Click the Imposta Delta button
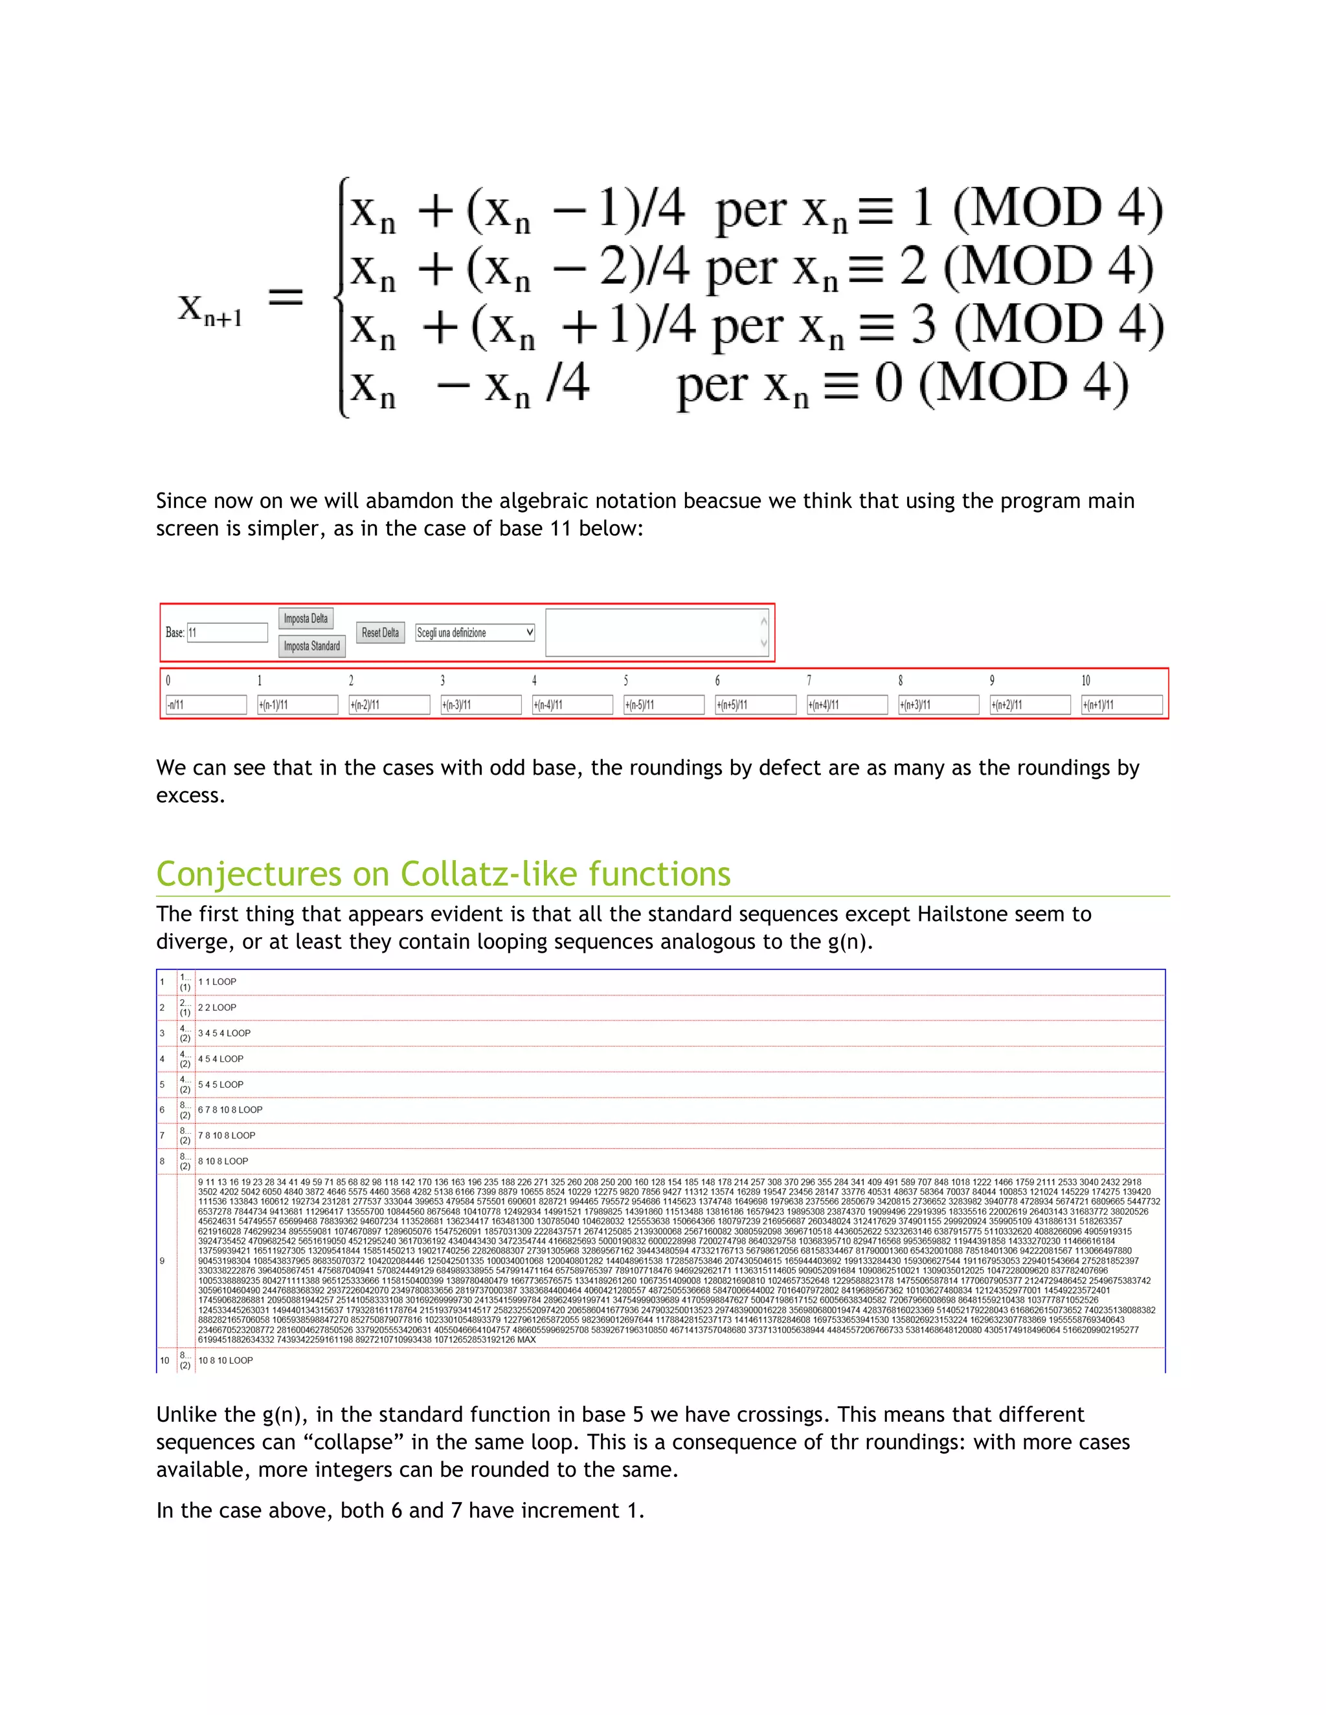point(306,619)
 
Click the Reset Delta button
point(380,633)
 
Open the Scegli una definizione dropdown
point(475,633)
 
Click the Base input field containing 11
point(227,633)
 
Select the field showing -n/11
point(206,705)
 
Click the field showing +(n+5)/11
point(755,705)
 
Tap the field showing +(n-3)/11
point(481,705)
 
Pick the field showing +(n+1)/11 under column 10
point(1122,705)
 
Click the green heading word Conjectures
point(273,874)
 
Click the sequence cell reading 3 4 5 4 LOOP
point(225,1034)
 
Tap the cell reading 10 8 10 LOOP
point(225,1360)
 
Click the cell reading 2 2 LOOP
point(217,1008)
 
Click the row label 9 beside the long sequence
point(163,1261)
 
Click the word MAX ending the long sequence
point(526,1340)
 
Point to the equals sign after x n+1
point(286,298)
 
